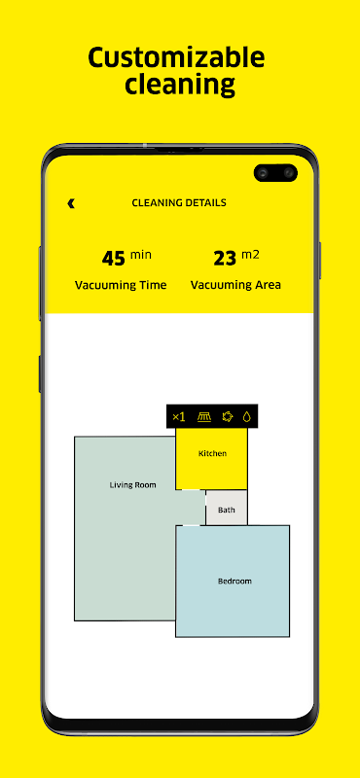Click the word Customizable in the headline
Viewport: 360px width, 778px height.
pyautogui.click(x=176, y=58)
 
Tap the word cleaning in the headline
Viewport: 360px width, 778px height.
pyautogui.click(x=180, y=85)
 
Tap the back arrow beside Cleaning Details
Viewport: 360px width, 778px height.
pyautogui.click(x=71, y=203)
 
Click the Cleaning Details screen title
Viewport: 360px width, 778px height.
pyautogui.click(x=179, y=203)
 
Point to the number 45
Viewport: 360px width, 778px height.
pyautogui.click(x=114, y=259)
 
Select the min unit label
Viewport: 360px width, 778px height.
pyautogui.click(x=140, y=256)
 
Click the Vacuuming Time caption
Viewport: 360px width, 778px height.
pyautogui.click(x=121, y=285)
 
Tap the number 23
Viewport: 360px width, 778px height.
pyautogui.click(x=226, y=259)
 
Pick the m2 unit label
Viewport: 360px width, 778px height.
pyautogui.click(x=250, y=255)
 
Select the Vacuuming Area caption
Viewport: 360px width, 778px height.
pyautogui.click(x=235, y=285)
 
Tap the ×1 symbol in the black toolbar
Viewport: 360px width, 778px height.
pyautogui.click(x=179, y=417)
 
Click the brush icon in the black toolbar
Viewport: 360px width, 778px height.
pyautogui.click(x=204, y=417)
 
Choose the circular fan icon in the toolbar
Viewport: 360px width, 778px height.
pyautogui.click(x=228, y=417)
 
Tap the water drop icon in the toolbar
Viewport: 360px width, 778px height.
pyautogui.click(x=246, y=417)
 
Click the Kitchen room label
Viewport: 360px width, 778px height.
pyautogui.click(x=212, y=453)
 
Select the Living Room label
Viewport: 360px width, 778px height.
pyautogui.click(x=132, y=484)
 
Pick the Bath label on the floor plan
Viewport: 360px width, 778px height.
pyautogui.click(x=227, y=510)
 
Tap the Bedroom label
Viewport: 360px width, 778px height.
pyautogui.click(x=234, y=581)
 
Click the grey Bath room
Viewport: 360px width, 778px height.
pyautogui.click(x=227, y=508)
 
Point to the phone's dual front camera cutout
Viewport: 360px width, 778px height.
pyautogui.click(x=275, y=173)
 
